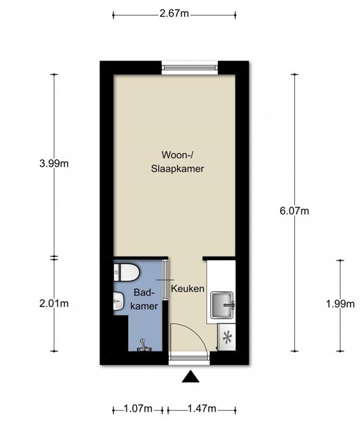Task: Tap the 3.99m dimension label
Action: [54, 164]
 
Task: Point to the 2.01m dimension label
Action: [54, 303]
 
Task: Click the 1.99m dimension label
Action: [341, 303]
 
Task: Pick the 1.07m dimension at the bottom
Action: [138, 409]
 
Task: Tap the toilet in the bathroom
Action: [126, 271]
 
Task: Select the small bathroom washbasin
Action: [118, 300]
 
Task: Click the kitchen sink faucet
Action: [231, 304]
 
